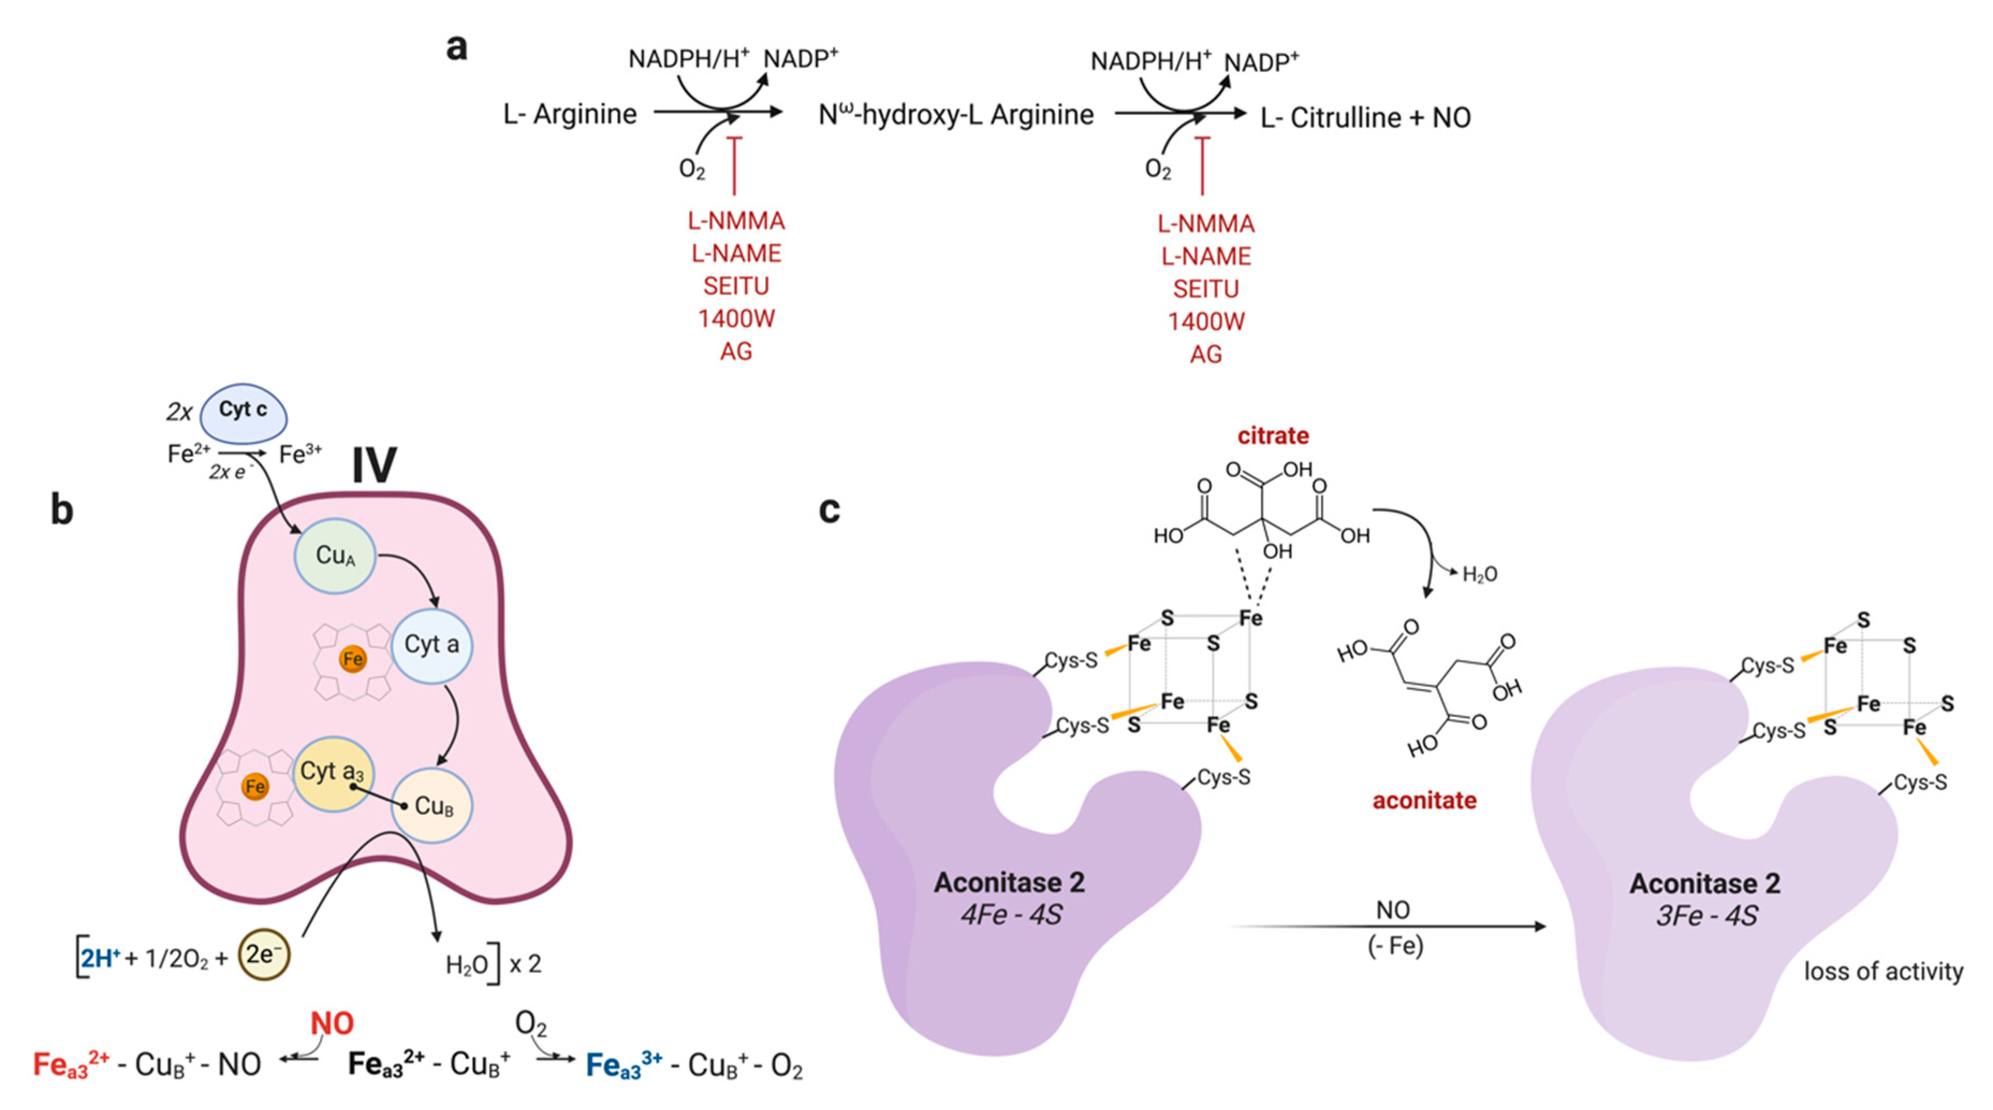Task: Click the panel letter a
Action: pyautogui.click(x=457, y=47)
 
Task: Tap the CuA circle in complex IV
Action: pyautogui.click(x=335, y=555)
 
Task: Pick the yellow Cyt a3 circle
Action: pyautogui.click(x=333, y=772)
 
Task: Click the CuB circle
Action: pyautogui.click(x=432, y=805)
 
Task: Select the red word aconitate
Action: pyautogui.click(x=1424, y=800)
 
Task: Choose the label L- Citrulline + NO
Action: pyautogui.click(x=1366, y=118)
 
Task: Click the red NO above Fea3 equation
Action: pyautogui.click(x=332, y=1023)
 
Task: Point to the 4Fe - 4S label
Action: pyautogui.click(x=1010, y=915)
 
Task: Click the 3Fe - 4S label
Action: pyautogui.click(x=1706, y=916)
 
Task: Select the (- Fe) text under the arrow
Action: pyautogui.click(x=1395, y=945)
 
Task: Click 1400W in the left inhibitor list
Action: pyautogui.click(x=736, y=318)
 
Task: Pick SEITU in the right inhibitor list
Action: pyautogui.click(x=1205, y=289)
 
